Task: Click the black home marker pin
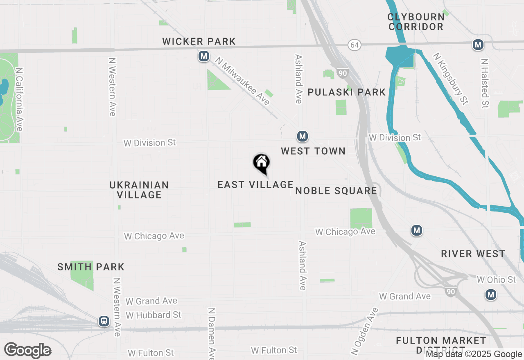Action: (x=262, y=163)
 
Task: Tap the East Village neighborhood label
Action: (x=255, y=185)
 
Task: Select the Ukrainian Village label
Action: (x=139, y=190)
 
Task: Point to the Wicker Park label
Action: (x=199, y=42)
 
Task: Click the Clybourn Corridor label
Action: (x=416, y=22)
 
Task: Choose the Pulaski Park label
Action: (x=347, y=92)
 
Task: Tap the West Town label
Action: (x=313, y=151)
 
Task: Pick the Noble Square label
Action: (x=336, y=191)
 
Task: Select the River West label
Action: (x=473, y=254)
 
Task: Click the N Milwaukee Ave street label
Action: (x=243, y=81)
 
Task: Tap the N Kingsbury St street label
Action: (x=451, y=79)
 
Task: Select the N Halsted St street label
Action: (x=485, y=83)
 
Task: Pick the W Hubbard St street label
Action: (x=154, y=315)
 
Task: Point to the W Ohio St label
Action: (x=497, y=280)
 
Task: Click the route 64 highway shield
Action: (x=355, y=45)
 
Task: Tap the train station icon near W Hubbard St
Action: (x=104, y=322)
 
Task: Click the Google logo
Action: (x=28, y=351)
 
